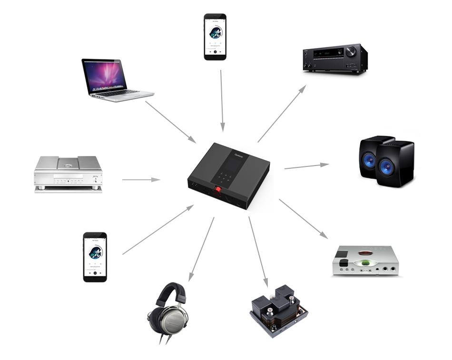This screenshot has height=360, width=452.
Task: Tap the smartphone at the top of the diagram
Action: tap(215, 37)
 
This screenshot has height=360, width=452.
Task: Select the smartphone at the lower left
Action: tap(95, 257)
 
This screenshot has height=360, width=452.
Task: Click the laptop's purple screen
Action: tap(105, 76)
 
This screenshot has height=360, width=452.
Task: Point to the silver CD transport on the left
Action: tap(68, 174)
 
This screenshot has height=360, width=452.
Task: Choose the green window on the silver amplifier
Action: tap(365, 263)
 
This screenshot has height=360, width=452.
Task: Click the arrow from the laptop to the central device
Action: tap(170, 122)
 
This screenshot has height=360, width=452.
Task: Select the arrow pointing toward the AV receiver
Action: tap(282, 113)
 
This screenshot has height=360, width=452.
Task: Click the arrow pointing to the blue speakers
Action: tap(306, 166)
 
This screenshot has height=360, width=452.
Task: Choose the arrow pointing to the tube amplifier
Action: tap(258, 250)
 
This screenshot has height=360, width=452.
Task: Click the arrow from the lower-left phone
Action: tap(158, 230)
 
